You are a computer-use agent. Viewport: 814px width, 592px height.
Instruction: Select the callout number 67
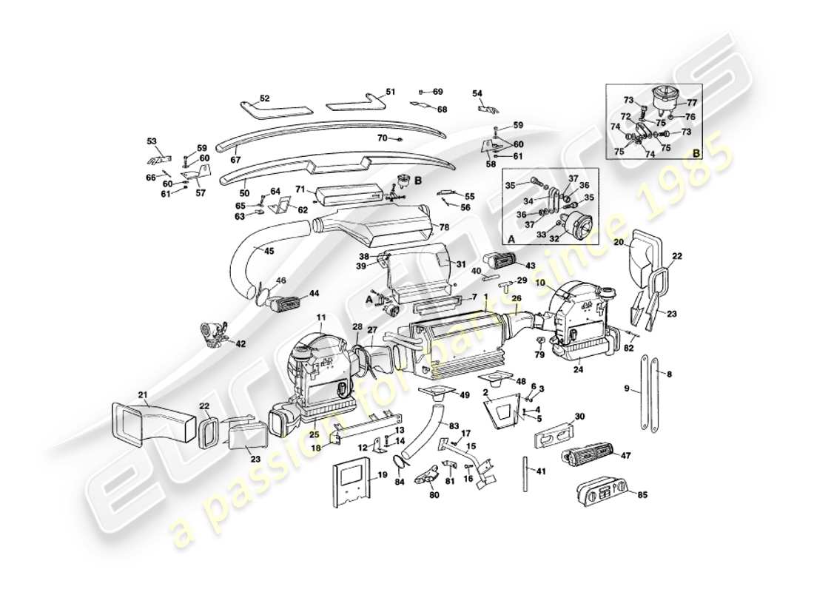point(235,159)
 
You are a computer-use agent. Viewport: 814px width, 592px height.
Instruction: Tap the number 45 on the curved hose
point(269,251)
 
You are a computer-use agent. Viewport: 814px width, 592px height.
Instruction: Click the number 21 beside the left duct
point(143,394)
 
